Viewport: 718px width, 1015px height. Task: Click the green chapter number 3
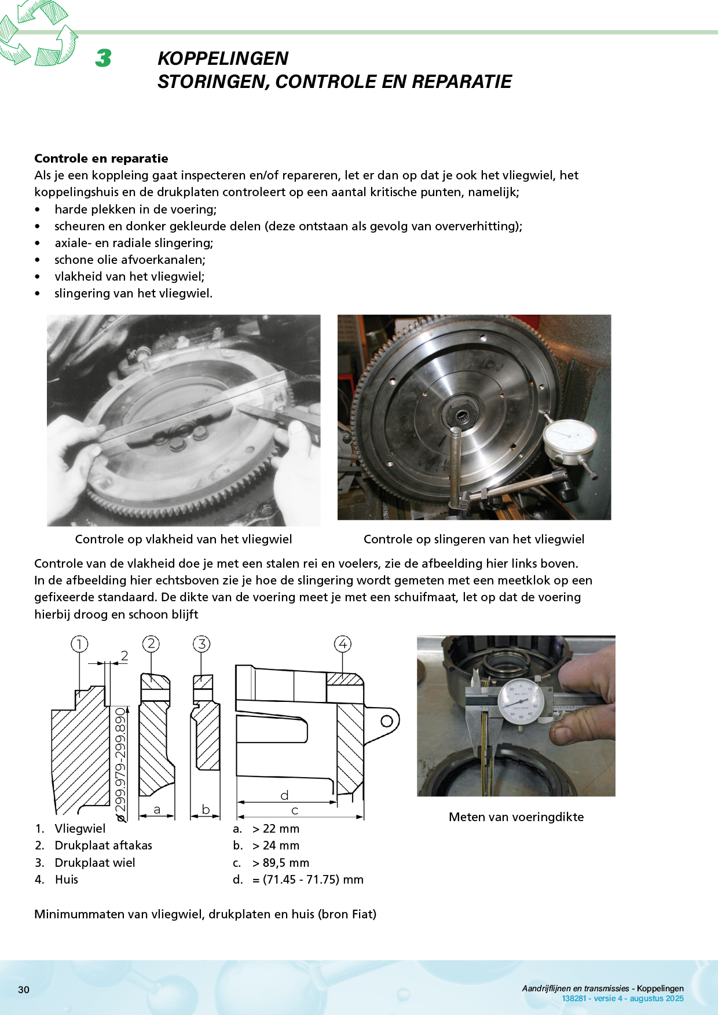coord(104,58)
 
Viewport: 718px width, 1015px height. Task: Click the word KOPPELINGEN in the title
coord(222,58)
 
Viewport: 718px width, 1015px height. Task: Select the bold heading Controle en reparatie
coord(101,159)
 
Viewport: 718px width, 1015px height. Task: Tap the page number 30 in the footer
coord(24,990)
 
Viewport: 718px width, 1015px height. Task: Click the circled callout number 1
coord(79,643)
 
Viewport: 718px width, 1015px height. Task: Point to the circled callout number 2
coord(151,643)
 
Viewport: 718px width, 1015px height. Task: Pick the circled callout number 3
coord(202,643)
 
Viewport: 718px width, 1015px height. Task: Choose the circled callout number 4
coord(343,643)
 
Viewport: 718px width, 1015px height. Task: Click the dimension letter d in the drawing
coord(284,796)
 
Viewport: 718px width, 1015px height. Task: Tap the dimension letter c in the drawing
coord(295,811)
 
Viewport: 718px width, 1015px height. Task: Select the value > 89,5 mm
coord(280,863)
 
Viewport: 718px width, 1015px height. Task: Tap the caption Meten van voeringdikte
coord(516,817)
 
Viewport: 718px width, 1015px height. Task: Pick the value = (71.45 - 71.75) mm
coord(307,880)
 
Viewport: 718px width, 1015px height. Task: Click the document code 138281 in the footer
coord(573,998)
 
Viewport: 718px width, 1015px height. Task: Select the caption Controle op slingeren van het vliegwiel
coord(474,539)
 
